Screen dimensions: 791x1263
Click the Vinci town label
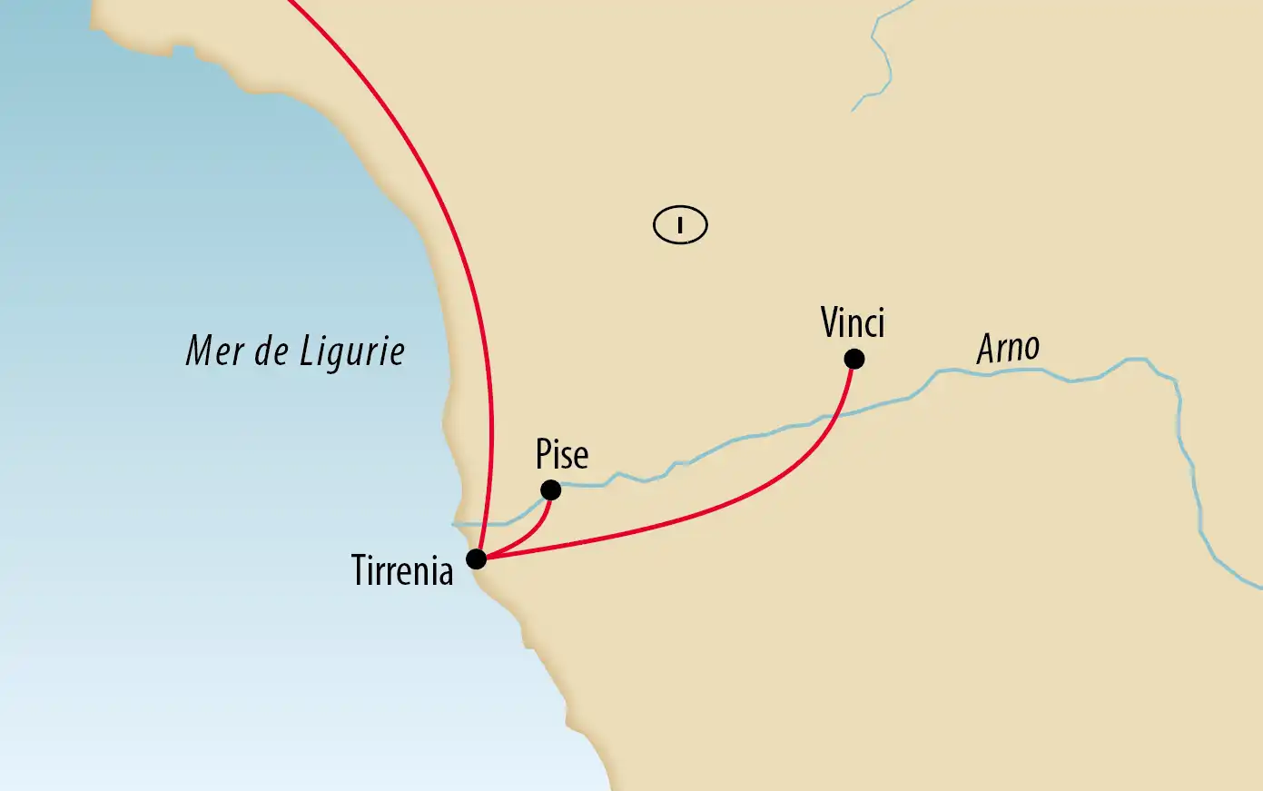click(852, 322)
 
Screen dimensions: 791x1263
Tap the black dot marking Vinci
click(854, 360)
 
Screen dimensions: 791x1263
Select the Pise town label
click(562, 454)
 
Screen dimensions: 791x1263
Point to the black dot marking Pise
click(550, 490)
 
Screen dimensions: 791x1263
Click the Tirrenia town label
click(402, 571)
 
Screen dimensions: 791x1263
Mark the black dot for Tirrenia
click(476, 559)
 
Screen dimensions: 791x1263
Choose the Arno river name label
click(1008, 348)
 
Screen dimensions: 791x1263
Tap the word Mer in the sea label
click(214, 351)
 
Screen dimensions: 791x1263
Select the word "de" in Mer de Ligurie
click(271, 351)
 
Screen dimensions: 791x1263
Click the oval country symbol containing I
click(680, 224)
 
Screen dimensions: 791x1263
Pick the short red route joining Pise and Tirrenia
click(531, 534)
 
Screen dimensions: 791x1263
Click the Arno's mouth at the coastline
click(456, 525)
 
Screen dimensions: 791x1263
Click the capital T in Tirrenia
click(360, 571)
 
